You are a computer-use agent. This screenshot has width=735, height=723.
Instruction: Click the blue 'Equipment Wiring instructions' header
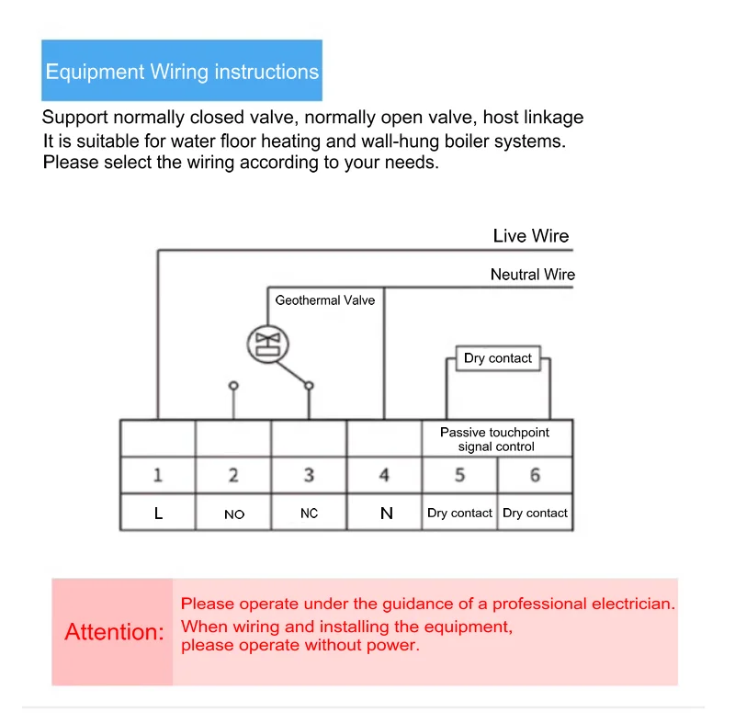point(182,71)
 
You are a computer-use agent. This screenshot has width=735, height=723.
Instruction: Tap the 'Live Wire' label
point(531,236)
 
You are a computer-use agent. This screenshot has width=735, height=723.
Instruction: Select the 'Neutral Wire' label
point(532,275)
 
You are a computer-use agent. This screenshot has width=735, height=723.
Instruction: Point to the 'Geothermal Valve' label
point(325,300)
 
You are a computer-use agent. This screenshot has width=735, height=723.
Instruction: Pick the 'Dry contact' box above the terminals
point(498,358)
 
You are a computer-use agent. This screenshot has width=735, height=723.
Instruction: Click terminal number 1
point(158,475)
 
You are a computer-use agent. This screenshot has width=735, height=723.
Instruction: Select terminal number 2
point(233,475)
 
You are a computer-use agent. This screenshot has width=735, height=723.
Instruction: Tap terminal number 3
point(309,475)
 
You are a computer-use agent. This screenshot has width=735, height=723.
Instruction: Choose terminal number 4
point(384,475)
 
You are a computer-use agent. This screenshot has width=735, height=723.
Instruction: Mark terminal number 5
point(459,475)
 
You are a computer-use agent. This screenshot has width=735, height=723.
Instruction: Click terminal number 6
point(535,475)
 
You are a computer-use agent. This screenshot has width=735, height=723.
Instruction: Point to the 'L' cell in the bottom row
point(158,514)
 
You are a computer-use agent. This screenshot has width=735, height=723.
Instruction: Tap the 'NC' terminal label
point(309,514)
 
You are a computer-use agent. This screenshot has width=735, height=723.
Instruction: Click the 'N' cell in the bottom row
point(386,514)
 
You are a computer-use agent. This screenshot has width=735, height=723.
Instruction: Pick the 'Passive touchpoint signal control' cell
point(495,439)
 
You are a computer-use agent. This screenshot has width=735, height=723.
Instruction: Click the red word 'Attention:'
point(114,632)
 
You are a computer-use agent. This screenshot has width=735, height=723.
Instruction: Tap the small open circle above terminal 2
point(233,386)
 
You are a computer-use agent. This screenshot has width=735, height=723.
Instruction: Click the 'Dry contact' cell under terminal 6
point(535,514)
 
